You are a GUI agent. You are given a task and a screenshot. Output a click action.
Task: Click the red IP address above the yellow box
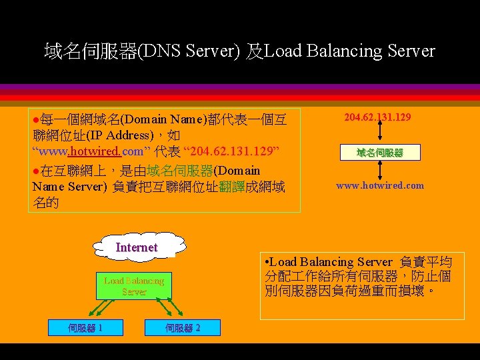pos(377,117)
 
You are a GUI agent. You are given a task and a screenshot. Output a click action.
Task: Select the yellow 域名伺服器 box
pos(379,153)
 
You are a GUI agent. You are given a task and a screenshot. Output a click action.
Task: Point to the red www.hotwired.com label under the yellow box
pos(379,185)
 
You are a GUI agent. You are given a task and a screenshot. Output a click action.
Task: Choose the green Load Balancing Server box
pos(133,286)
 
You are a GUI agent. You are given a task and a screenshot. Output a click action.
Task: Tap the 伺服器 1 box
pos(85,327)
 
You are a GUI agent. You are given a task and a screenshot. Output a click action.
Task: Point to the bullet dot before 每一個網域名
pos(36,121)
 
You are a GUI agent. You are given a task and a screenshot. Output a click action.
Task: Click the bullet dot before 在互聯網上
pos(36,171)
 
